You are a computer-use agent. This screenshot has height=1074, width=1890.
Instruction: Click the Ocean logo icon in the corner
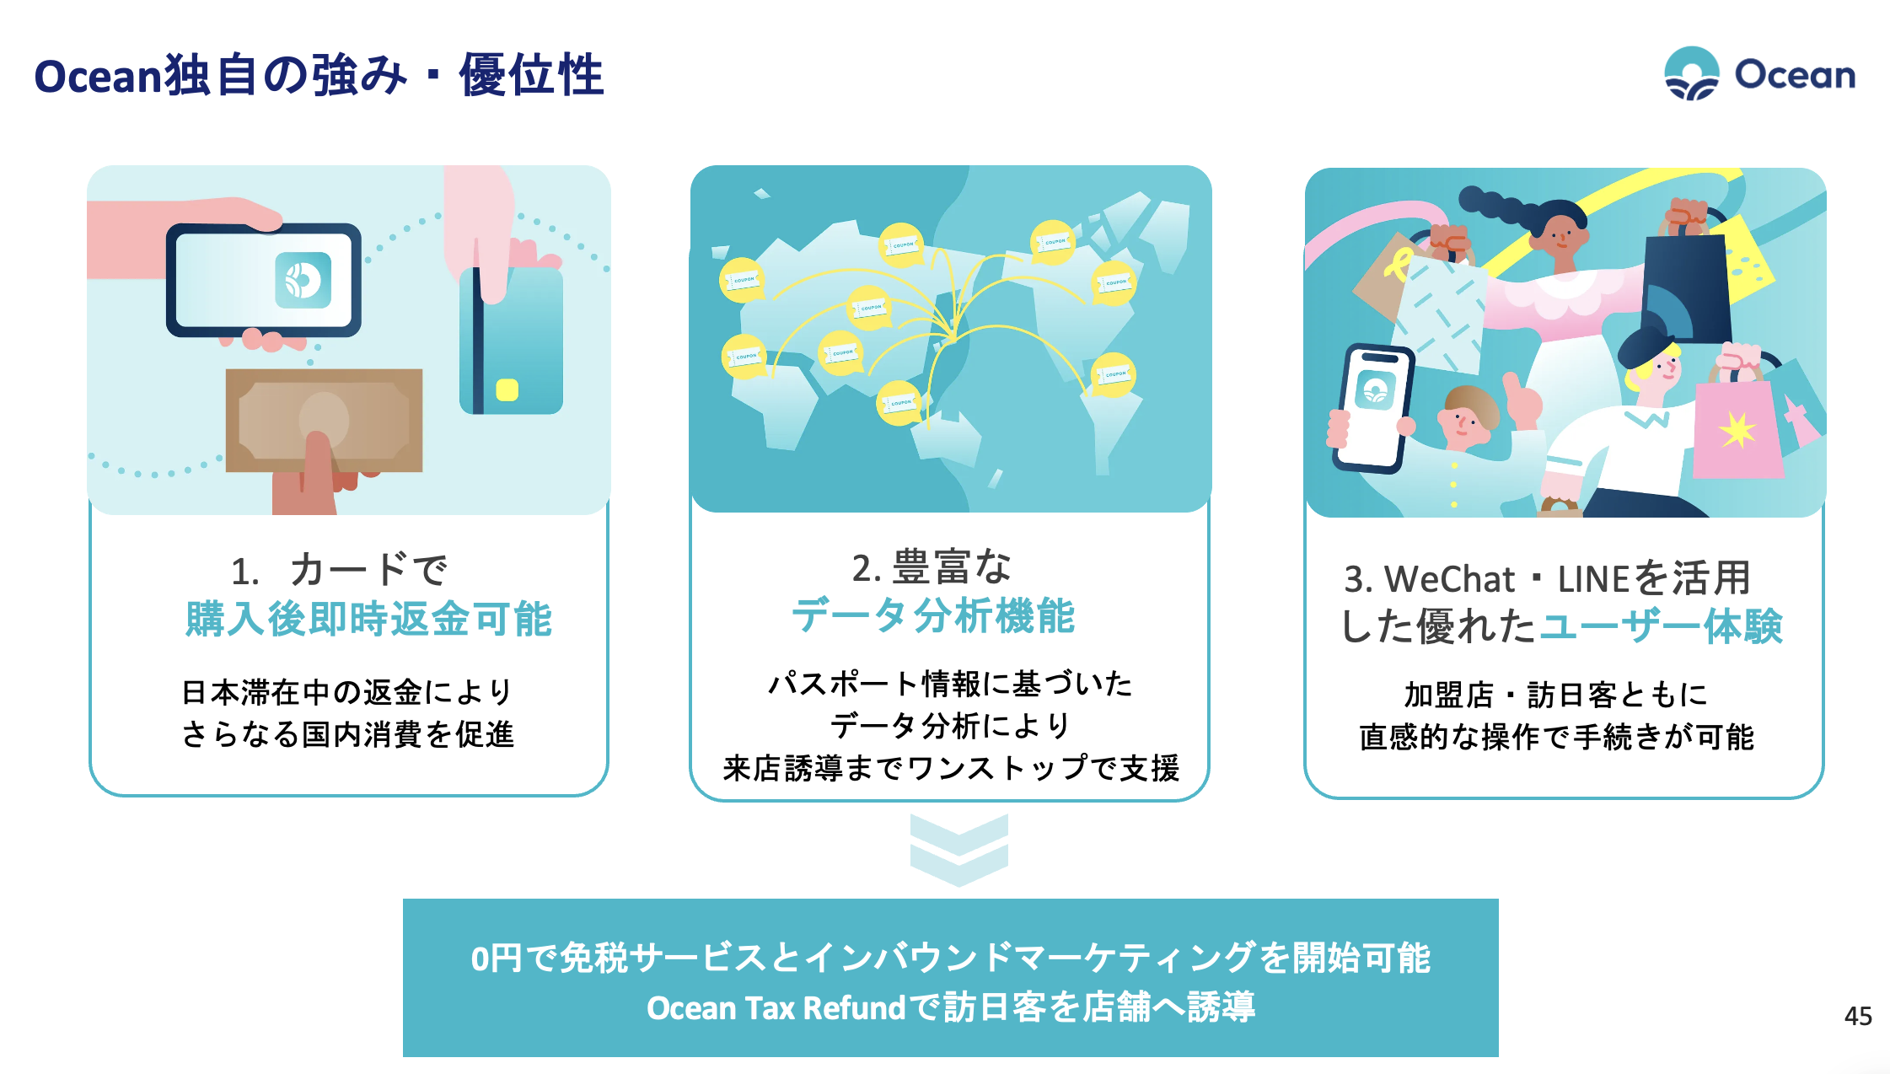pos(1691,73)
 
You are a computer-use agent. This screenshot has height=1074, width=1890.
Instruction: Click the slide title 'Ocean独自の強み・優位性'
pos(319,75)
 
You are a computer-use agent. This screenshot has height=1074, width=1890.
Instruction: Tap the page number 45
pos(1858,1016)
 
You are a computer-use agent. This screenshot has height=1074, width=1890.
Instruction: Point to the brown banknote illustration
pos(324,420)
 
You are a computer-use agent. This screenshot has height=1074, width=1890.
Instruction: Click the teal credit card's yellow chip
pos(507,389)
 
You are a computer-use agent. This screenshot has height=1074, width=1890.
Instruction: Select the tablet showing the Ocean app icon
pos(264,280)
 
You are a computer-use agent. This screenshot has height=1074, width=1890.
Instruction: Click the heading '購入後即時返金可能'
pos(368,620)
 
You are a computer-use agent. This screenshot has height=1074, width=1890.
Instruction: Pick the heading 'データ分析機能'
pos(933,615)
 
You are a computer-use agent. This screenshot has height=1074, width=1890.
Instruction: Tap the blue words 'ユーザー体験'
pos(1661,626)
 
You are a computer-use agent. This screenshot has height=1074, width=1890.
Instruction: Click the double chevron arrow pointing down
pos(959,850)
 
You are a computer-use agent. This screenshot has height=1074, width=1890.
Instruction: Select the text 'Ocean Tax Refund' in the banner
pos(776,1008)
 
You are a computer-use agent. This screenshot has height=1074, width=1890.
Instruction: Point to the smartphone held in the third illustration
pos(1372,408)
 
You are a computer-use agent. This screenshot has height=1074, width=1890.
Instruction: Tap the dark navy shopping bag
pos(1686,287)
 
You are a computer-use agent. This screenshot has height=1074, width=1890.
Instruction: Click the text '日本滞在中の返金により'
pos(347,692)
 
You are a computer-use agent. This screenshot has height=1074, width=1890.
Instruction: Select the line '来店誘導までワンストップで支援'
pos(951,768)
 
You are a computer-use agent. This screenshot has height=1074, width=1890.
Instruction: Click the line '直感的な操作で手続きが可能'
pos(1556,737)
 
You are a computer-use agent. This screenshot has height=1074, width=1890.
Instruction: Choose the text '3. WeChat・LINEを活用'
pos(1548,579)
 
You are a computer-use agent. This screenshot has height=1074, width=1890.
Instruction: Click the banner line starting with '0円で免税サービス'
pos(950,958)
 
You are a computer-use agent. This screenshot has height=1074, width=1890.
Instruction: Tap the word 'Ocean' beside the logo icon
pos(1795,74)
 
